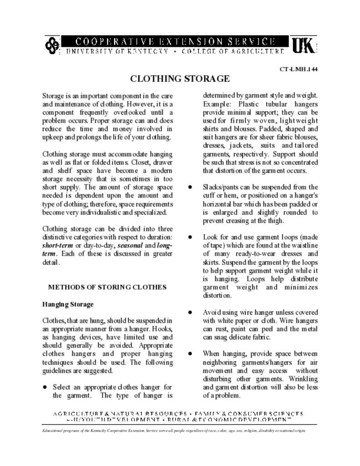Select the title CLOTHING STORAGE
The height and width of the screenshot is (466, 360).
(x=180, y=79)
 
